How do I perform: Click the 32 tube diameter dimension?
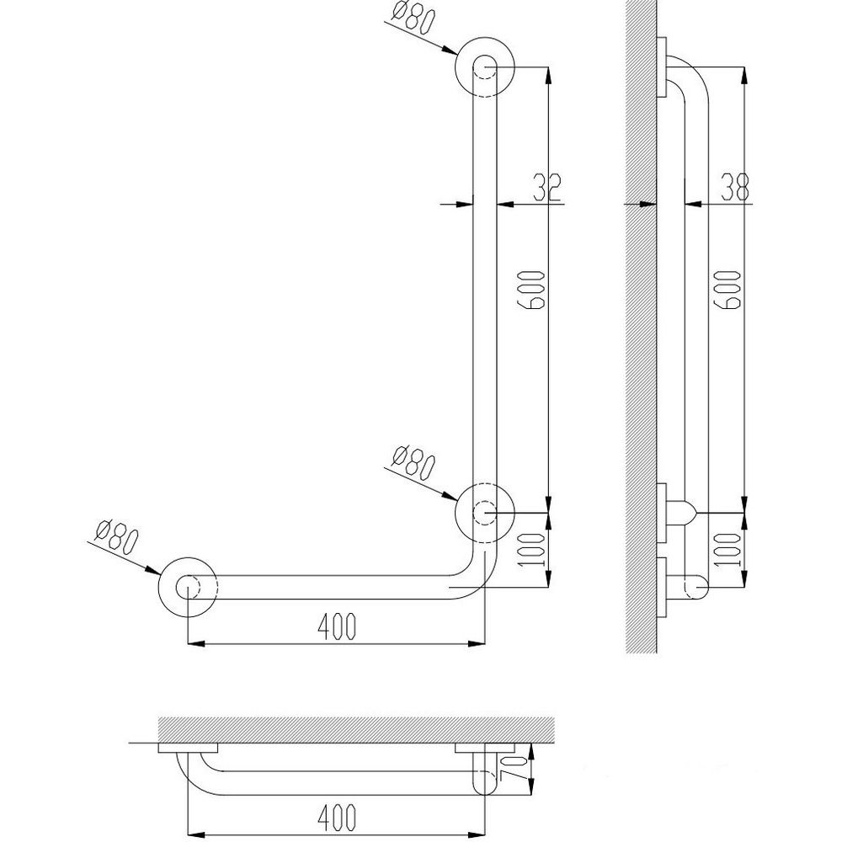[547, 188]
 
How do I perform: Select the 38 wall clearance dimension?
[734, 187]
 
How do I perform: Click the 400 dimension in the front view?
[336, 626]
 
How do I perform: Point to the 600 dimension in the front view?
[533, 290]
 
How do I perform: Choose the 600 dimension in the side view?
[728, 290]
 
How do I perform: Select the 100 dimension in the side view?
[728, 551]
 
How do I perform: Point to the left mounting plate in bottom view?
[188, 748]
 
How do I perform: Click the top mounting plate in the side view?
[662, 67]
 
